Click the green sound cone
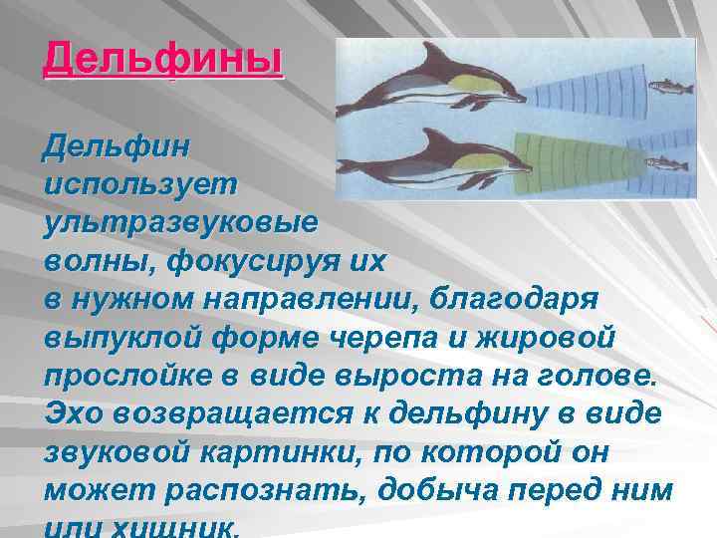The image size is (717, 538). click(579, 159)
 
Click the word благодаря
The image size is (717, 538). click(527, 300)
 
